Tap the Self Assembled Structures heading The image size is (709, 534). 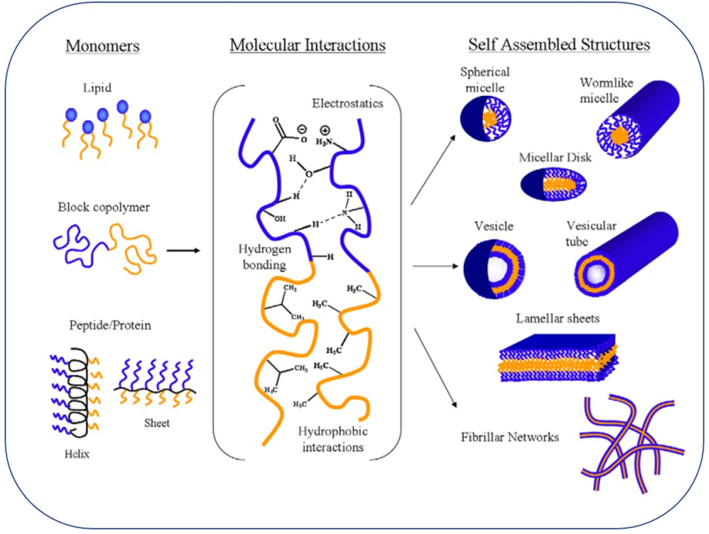click(560, 45)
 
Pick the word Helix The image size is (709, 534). click(77, 454)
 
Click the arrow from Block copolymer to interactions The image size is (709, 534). click(182, 250)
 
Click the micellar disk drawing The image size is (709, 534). click(557, 185)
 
